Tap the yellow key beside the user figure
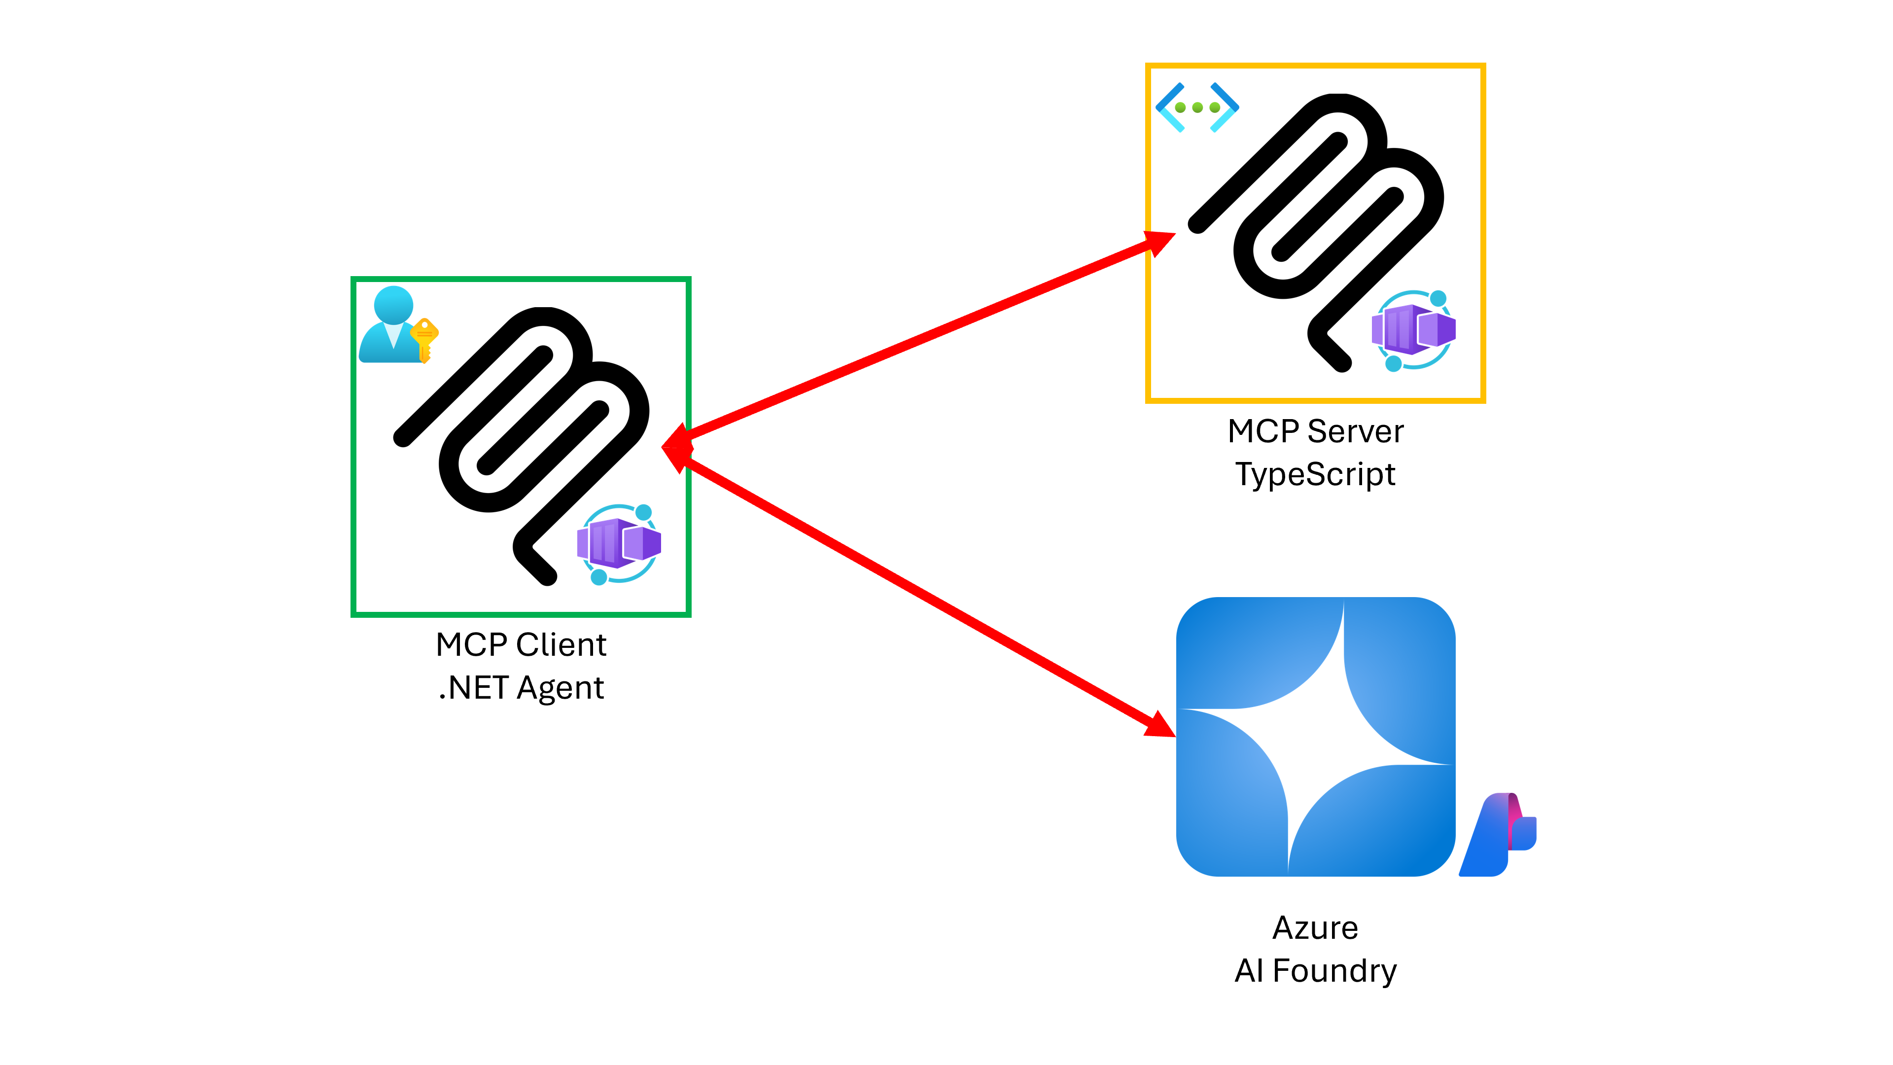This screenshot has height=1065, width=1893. (x=424, y=339)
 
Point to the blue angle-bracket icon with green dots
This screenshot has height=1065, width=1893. (x=1197, y=107)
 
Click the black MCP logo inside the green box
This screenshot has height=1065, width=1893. (x=522, y=441)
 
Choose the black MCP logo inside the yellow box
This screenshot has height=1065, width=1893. (x=1315, y=228)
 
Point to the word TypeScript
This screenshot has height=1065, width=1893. (x=1315, y=474)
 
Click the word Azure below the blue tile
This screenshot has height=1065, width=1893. (x=1315, y=927)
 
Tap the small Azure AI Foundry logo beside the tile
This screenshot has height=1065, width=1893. (x=1498, y=834)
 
